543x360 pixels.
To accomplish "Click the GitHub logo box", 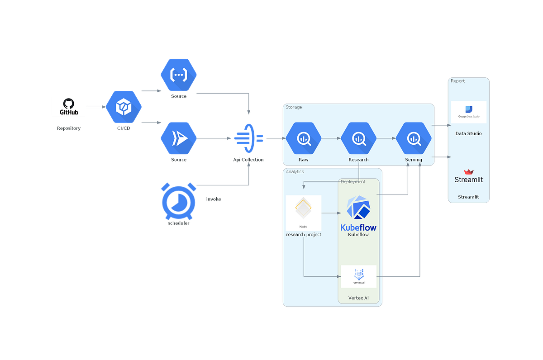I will point(69,107).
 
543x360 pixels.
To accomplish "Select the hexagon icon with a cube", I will point(124,107).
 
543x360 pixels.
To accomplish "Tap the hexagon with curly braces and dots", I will point(179,75).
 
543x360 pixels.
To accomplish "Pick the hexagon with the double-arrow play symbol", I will point(179,138).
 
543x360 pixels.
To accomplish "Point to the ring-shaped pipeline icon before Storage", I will point(247,138).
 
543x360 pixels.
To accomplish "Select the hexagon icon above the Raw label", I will point(303,138).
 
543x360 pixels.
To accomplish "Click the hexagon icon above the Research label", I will point(358,138).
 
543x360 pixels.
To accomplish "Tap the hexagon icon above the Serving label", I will point(414,138).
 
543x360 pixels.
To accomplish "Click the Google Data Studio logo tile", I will point(468,112).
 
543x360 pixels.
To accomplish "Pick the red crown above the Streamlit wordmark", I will point(468,171).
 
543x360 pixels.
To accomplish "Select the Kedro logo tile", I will point(304,213).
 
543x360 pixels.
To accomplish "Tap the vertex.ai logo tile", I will point(358,276).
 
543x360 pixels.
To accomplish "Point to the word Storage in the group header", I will point(294,107).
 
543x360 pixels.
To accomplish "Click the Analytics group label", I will point(295,172).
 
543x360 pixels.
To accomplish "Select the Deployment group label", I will point(352,181).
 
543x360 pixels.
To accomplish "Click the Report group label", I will point(457,81).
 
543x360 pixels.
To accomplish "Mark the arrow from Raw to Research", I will point(331,138).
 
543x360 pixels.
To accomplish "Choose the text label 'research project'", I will point(304,235).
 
